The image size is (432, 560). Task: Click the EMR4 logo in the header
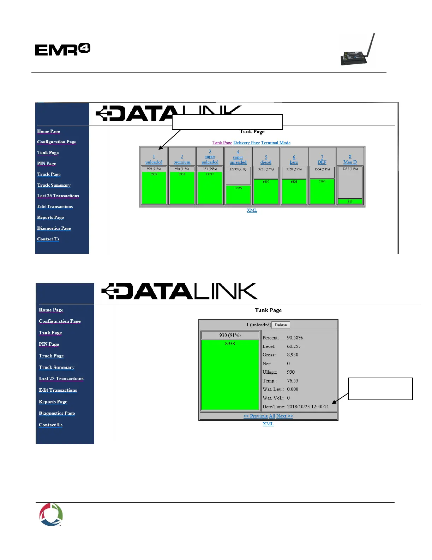click(x=63, y=49)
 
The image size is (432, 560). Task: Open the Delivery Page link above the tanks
click(x=246, y=143)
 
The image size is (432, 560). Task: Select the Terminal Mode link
click(x=276, y=143)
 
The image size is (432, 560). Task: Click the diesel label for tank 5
click(x=266, y=162)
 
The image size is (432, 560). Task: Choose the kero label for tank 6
click(x=294, y=162)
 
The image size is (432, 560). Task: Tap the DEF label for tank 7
click(x=322, y=162)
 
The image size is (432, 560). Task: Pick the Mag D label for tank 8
click(x=350, y=162)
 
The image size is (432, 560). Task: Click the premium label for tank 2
click(x=182, y=162)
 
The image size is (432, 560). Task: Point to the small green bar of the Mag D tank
click(x=350, y=202)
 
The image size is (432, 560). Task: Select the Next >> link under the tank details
click(x=285, y=416)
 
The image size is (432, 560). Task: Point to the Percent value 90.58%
click(x=295, y=338)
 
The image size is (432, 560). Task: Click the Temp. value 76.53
click(x=293, y=381)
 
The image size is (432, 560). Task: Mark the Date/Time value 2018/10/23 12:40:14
click(x=308, y=407)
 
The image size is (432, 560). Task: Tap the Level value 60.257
click(x=294, y=346)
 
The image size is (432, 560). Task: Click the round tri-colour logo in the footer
click(x=51, y=514)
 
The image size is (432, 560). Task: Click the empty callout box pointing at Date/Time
click(x=380, y=389)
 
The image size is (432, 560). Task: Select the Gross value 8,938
click(x=293, y=355)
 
